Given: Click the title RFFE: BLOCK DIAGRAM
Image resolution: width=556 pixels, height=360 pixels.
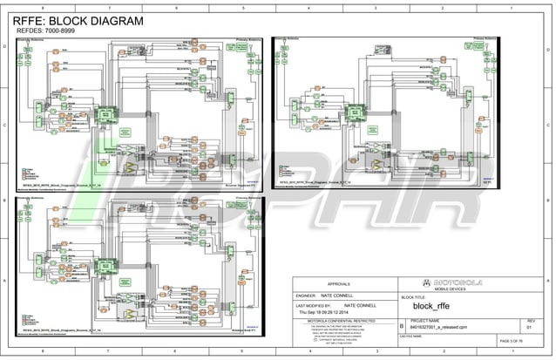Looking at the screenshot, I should [x=78, y=22].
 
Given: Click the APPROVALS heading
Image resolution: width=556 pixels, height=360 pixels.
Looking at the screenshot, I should [x=339, y=284].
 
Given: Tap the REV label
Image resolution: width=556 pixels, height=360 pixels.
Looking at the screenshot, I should [x=530, y=322].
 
